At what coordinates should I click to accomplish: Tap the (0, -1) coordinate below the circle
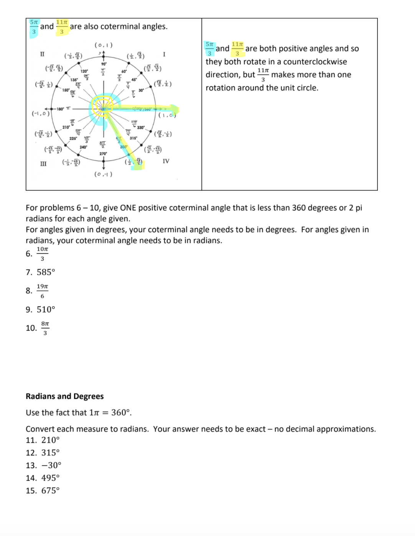pyautogui.click(x=103, y=174)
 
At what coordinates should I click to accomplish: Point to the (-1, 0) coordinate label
pyautogui.click(x=41, y=113)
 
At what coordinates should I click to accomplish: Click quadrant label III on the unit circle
pyautogui.click(x=43, y=164)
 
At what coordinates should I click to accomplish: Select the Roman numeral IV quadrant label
pyautogui.click(x=166, y=161)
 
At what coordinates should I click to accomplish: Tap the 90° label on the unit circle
pyautogui.click(x=104, y=64)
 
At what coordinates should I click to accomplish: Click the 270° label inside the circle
pyautogui.click(x=103, y=154)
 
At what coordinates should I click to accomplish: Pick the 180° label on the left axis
pyautogui.click(x=60, y=109)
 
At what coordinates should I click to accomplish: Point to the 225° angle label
pyautogui.click(x=73, y=138)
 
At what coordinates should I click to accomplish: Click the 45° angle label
pyautogui.click(x=134, y=80)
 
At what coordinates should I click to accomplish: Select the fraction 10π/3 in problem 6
pyautogui.click(x=42, y=254)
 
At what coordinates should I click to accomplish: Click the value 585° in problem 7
pyautogui.click(x=46, y=272)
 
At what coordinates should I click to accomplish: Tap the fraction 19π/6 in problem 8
pyautogui.click(x=42, y=291)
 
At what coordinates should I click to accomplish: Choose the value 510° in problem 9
pyautogui.click(x=46, y=309)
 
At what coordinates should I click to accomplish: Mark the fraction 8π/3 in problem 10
pyautogui.click(x=45, y=328)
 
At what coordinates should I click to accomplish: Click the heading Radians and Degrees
pyautogui.click(x=64, y=396)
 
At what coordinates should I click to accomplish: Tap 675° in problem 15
pyautogui.click(x=51, y=490)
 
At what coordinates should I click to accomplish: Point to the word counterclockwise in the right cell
pyautogui.click(x=315, y=62)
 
